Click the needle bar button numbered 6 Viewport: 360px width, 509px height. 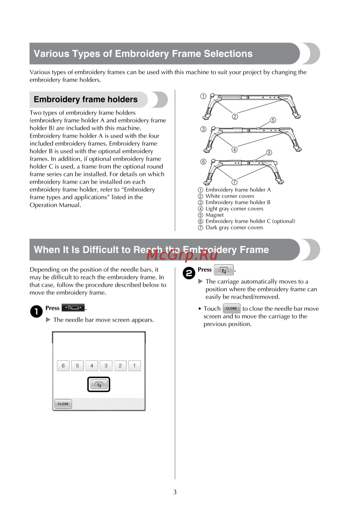click(63, 366)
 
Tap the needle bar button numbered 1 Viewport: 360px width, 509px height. click(134, 366)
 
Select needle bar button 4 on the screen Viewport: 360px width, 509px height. click(92, 366)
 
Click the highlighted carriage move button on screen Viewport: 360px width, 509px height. click(99, 384)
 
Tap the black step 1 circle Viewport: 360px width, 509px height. click(36, 311)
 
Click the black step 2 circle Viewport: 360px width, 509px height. click(189, 273)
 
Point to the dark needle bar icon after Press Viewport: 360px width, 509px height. click(73, 308)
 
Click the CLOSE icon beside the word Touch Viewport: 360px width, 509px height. click(231, 308)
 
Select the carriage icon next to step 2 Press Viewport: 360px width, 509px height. click(224, 270)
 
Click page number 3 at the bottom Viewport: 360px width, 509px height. click(175, 492)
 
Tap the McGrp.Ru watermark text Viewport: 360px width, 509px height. click(182, 255)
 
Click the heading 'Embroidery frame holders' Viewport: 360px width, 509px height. click(86, 99)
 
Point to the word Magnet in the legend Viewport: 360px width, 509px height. click(215, 215)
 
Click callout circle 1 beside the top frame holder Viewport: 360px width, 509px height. click(203, 96)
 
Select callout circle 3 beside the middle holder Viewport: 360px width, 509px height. click(203, 129)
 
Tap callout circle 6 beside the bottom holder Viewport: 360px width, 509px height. click(203, 162)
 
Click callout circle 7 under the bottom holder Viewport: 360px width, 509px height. click(234, 182)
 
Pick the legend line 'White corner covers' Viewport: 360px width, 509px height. click(230, 196)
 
